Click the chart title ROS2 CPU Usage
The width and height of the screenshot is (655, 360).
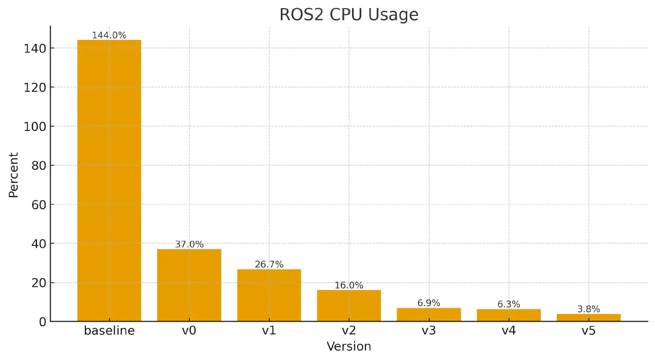[348, 15]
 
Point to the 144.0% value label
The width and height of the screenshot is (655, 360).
[109, 35]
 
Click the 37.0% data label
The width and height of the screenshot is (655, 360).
[189, 244]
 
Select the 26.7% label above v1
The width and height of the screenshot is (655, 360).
[269, 264]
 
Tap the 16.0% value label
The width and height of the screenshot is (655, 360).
[348, 285]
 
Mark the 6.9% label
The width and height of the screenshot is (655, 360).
[428, 303]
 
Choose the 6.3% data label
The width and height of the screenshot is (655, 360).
[508, 304]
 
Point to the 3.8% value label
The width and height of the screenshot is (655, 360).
[588, 309]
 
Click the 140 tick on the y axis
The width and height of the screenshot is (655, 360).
[34, 49]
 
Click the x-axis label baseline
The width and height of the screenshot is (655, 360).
[109, 331]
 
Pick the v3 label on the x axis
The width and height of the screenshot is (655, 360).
[428, 331]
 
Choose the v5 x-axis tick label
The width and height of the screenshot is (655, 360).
[588, 331]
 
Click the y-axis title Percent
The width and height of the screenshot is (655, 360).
[14, 175]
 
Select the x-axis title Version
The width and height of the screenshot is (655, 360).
[348, 347]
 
